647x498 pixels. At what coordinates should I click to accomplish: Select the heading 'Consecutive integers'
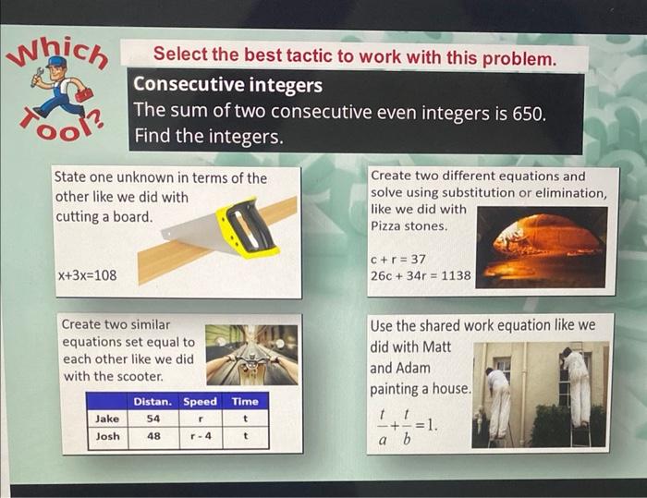[227, 85]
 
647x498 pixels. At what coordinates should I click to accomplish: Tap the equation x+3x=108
[87, 274]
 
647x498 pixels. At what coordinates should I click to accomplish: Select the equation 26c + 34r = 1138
[421, 274]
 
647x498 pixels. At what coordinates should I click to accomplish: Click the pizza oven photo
[541, 246]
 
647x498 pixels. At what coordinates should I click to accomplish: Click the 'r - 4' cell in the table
[200, 436]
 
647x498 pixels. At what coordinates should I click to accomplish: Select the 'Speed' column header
[200, 401]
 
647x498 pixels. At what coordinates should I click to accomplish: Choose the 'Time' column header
[245, 401]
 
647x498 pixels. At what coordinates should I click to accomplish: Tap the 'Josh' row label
[107, 436]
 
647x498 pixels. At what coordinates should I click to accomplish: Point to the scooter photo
[251, 354]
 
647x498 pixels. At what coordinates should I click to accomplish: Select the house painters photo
[541, 395]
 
